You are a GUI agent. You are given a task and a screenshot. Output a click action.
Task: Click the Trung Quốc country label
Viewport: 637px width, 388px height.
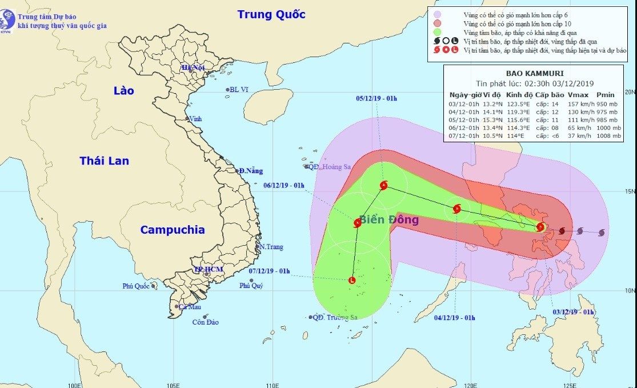point(271,14)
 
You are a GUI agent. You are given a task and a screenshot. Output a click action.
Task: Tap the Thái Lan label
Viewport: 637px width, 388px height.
point(104,161)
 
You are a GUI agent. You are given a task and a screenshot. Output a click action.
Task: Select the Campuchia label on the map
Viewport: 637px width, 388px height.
point(172,230)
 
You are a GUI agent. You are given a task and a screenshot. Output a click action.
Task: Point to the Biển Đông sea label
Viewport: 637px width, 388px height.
point(388,220)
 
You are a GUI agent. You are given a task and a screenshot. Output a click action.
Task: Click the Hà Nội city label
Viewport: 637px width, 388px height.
point(193,67)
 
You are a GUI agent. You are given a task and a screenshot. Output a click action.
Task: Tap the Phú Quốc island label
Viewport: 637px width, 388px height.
point(135,286)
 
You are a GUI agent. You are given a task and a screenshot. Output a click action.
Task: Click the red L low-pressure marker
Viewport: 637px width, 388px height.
point(351,280)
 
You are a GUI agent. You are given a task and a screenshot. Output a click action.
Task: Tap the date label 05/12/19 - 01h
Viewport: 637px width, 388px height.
point(376,98)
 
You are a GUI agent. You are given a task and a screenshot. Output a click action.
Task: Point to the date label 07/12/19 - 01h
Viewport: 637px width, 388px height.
point(270,271)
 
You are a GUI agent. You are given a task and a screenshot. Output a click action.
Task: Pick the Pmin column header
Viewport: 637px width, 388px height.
point(606,95)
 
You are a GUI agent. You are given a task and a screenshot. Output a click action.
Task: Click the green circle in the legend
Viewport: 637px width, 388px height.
point(437,32)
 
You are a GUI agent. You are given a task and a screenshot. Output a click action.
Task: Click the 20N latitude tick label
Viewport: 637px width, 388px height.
point(630,91)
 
